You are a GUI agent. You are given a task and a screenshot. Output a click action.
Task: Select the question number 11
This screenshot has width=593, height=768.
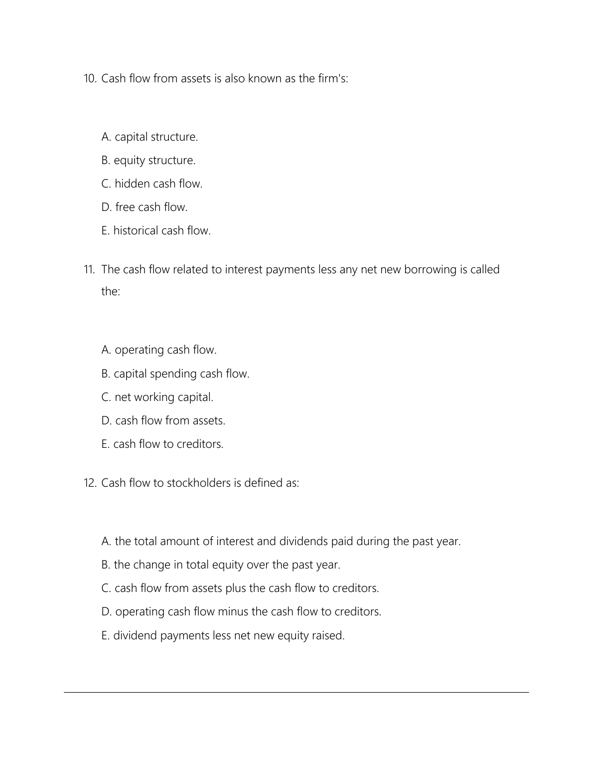pos(89,270)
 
